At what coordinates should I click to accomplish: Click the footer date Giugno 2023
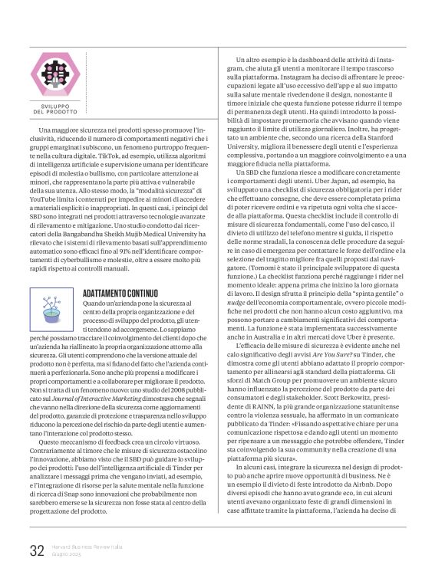[68, 554]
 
